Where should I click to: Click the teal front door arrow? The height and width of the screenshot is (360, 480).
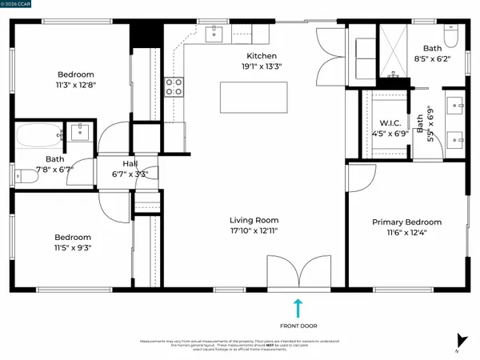click(x=298, y=307)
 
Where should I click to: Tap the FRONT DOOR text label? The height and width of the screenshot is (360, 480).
click(x=298, y=326)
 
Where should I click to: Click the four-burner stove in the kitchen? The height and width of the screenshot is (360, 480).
click(x=174, y=86)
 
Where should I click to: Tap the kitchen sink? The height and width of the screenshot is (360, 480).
click(x=215, y=33)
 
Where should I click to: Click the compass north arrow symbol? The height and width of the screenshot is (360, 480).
click(x=459, y=341)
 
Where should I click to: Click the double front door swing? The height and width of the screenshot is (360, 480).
click(x=295, y=271)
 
